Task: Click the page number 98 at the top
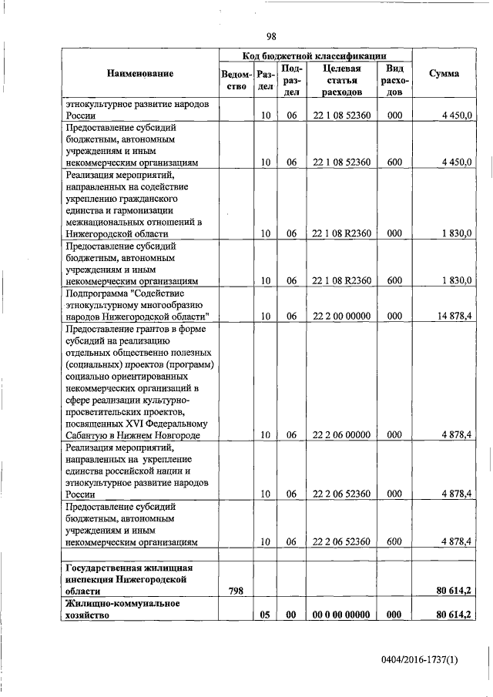271,36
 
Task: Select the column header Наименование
140,74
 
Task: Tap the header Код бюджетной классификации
315,56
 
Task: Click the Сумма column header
444,74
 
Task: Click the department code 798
236,590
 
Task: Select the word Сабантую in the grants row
89,435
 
